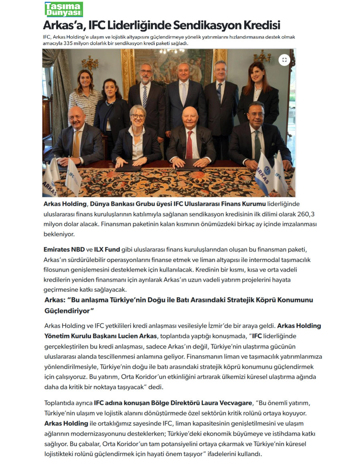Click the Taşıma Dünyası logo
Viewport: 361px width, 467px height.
point(63,9)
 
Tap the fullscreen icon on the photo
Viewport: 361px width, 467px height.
point(284,60)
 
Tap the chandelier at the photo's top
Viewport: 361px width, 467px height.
point(172,51)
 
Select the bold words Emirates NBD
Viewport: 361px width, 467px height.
point(64,250)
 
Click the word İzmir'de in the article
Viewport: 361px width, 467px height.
point(219,326)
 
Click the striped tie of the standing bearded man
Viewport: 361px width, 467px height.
point(145,97)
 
